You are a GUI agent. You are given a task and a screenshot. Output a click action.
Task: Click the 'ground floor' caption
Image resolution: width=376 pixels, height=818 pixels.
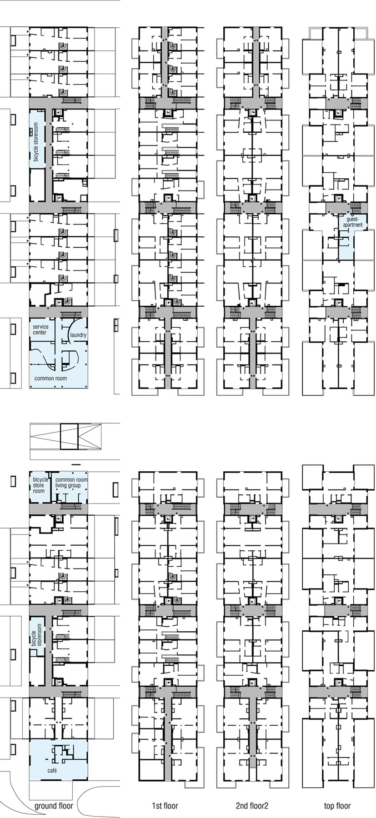[54, 806]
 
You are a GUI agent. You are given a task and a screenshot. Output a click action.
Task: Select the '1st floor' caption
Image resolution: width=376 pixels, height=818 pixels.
[165, 806]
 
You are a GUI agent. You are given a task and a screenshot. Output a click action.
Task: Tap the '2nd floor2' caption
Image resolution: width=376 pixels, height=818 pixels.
[252, 806]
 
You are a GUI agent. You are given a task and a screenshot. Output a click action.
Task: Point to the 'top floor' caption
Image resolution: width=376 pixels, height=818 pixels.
[337, 806]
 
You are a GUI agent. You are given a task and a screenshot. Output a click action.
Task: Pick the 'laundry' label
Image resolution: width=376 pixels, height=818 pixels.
[78, 335]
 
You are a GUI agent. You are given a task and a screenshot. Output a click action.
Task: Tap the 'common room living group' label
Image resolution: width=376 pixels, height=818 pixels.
[71, 483]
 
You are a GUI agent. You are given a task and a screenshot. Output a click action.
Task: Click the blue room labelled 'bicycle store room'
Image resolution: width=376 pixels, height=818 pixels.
[40, 488]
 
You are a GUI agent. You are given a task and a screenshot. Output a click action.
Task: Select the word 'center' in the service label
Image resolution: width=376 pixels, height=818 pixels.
[40, 332]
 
